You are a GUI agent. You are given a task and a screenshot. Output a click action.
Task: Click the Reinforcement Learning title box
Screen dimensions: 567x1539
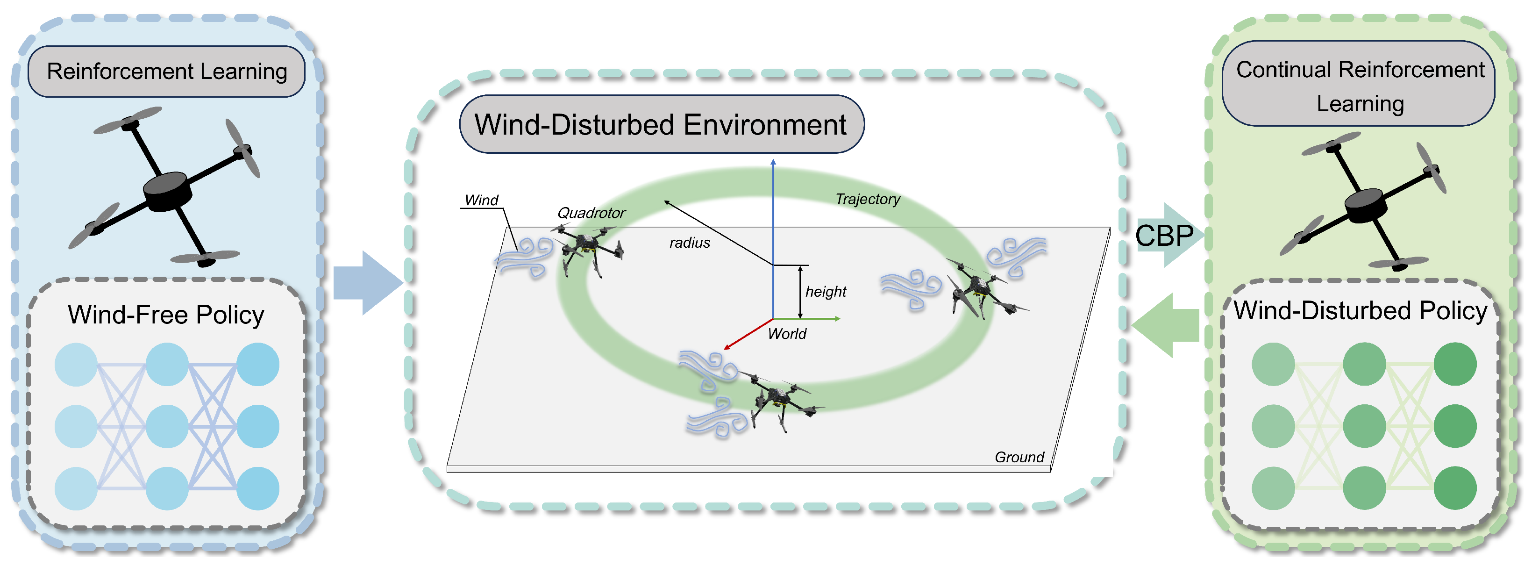(167, 72)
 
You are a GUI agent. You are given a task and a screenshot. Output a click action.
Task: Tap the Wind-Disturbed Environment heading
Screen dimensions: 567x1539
(661, 125)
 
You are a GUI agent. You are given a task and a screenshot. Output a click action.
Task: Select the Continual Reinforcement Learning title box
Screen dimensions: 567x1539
(1359, 86)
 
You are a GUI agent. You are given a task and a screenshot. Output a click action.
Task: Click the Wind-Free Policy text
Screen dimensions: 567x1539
(166, 315)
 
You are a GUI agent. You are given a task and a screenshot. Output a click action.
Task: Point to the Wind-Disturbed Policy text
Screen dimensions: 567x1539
(1360, 311)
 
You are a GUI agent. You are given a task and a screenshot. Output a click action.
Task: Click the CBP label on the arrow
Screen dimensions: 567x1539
(1164, 236)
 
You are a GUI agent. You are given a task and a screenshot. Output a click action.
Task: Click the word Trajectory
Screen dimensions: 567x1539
(868, 199)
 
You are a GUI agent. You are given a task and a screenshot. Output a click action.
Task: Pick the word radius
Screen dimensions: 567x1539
(690, 243)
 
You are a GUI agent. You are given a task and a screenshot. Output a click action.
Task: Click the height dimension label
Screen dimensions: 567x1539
(826, 292)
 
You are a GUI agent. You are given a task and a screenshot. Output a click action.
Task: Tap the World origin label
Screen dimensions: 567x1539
(787, 334)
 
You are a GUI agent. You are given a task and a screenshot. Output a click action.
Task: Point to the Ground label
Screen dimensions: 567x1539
(1019, 457)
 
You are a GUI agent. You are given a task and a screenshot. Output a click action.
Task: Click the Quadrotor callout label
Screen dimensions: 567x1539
(591, 213)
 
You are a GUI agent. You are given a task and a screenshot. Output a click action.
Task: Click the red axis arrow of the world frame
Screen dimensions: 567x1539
(747, 335)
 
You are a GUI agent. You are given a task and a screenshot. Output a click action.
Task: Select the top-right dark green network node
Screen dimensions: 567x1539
(1455, 364)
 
